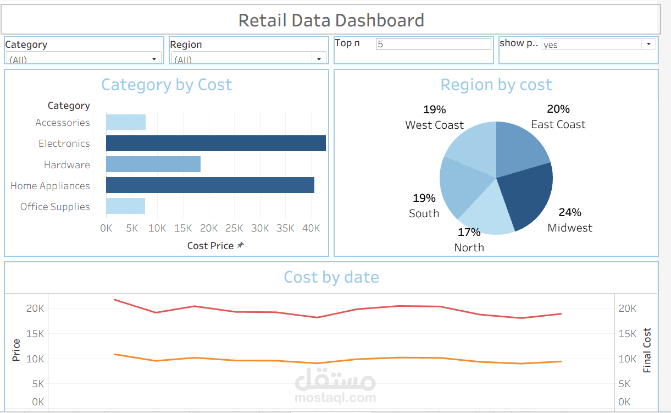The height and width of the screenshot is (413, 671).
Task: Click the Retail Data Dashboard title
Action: click(331, 20)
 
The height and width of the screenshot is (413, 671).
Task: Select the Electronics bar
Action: click(215, 144)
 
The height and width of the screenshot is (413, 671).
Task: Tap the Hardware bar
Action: click(153, 164)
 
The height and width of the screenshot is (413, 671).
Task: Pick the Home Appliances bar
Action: click(210, 185)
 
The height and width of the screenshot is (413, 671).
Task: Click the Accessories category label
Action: click(63, 123)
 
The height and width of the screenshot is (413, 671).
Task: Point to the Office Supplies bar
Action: click(125, 206)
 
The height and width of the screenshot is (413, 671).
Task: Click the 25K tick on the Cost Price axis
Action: click(234, 228)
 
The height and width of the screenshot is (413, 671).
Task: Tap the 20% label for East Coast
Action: click(558, 109)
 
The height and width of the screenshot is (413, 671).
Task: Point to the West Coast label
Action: click(434, 125)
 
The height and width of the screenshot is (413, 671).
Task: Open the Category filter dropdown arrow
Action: click(154, 58)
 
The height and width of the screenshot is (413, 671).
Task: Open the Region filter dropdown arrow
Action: click(319, 58)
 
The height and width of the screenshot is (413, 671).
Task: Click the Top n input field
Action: click(433, 44)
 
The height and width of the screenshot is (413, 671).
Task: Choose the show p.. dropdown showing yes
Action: click(598, 44)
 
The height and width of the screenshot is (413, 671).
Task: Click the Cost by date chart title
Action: click(331, 277)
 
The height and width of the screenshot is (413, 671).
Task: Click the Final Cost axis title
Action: click(647, 350)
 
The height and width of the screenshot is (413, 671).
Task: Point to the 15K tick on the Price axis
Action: click(35, 333)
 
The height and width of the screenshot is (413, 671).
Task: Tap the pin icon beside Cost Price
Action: click(240, 245)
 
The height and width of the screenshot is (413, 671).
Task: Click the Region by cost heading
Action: click(496, 85)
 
